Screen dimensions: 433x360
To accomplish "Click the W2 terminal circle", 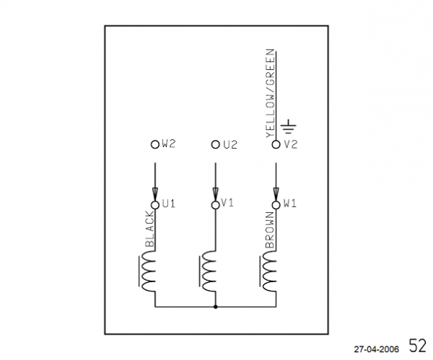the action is click(155, 144).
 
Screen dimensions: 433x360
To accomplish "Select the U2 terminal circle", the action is click(215, 144).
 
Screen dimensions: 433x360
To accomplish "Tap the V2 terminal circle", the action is click(276, 144).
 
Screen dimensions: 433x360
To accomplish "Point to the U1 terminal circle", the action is click(155, 205).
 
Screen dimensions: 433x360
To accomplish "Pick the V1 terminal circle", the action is click(215, 205).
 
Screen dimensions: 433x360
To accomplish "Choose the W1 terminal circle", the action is click(276, 205).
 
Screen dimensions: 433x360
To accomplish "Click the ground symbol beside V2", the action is click(289, 126).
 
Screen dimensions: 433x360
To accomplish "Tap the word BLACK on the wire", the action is click(149, 229).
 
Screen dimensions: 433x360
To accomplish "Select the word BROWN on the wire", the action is click(270, 230).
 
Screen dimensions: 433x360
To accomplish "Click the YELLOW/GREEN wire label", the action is click(270, 93).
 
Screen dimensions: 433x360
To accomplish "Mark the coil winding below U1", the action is click(147, 271).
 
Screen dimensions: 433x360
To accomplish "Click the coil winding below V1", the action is click(208, 271).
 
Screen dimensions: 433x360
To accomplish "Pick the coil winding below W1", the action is click(268, 271).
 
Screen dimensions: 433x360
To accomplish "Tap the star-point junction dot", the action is click(215, 307).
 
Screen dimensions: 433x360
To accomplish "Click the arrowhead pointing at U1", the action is click(155, 194).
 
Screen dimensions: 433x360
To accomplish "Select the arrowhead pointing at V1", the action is click(215, 194).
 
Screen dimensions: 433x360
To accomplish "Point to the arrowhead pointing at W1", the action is click(276, 194).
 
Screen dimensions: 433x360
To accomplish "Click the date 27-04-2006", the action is click(377, 349).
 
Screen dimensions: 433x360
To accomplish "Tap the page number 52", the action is click(418, 346).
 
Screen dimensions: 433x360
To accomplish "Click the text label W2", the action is click(168, 144).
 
